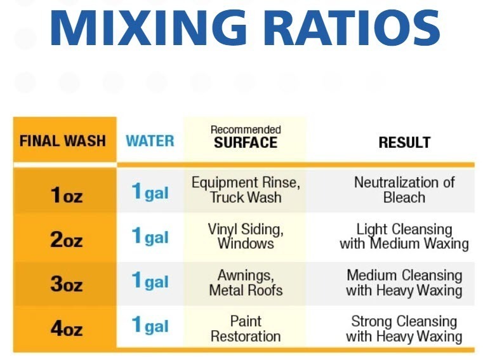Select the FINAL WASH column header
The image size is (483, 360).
tap(63, 140)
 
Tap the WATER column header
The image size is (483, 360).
tap(150, 140)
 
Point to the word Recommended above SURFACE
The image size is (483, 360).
tap(246, 130)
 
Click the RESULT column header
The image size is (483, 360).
tap(404, 142)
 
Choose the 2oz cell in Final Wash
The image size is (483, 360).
tap(66, 240)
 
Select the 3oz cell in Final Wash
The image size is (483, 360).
tap(66, 283)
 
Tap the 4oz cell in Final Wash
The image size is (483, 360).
tap(66, 328)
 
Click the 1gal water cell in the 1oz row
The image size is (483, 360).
tap(150, 192)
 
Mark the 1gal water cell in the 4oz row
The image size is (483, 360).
tap(150, 326)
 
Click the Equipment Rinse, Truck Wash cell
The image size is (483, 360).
tap(246, 190)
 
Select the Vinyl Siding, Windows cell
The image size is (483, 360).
tap(246, 236)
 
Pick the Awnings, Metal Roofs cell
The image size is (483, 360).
tap(246, 283)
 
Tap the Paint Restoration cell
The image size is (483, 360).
tap(246, 328)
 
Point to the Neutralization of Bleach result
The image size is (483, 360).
tap(404, 190)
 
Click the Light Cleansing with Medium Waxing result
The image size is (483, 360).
tap(404, 236)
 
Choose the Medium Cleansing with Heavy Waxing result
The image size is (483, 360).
tap(404, 283)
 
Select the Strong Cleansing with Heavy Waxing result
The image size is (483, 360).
tap(404, 328)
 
